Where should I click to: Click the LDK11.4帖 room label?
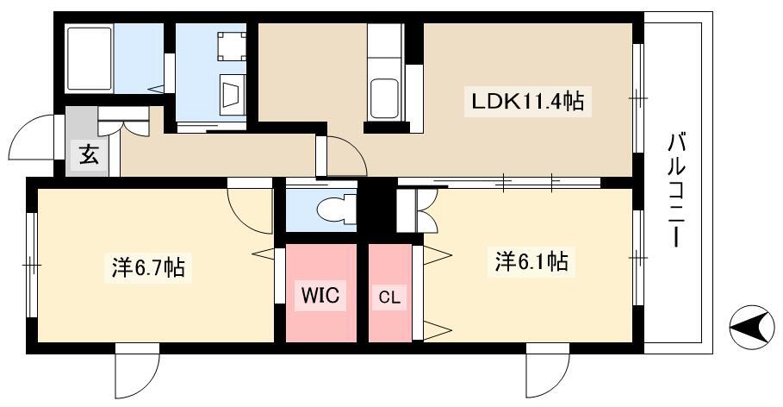(x=528, y=102)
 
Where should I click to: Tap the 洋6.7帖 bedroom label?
(x=148, y=268)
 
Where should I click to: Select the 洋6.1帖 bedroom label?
(x=531, y=261)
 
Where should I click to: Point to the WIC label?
(x=320, y=295)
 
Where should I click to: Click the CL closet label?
(x=389, y=298)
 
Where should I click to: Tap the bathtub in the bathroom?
(x=89, y=59)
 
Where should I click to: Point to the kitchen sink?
(x=384, y=98)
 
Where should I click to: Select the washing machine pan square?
(x=232, y=46)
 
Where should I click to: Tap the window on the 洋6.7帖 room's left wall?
(x=32, y=265)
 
